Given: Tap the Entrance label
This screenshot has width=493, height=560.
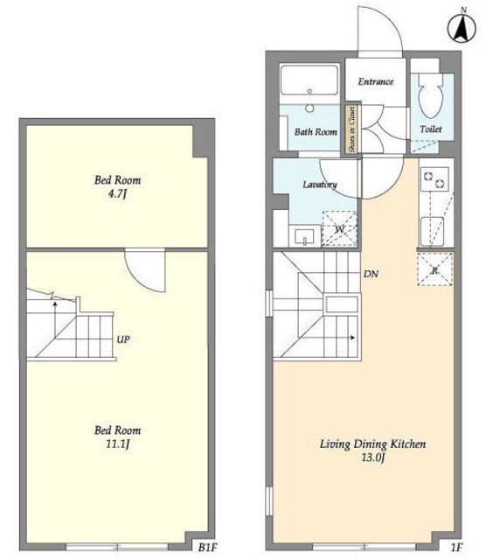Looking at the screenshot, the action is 376,81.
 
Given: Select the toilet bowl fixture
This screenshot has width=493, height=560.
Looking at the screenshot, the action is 430,95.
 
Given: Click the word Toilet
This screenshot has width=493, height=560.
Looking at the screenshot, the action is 431,129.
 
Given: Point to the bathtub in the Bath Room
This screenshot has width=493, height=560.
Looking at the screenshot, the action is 309,80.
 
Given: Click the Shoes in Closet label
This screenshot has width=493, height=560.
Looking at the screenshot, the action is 352,129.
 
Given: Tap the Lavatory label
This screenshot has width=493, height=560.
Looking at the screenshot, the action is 320,185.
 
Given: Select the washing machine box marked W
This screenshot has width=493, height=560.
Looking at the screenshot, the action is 339,229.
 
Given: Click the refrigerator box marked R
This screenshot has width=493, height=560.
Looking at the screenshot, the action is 434,269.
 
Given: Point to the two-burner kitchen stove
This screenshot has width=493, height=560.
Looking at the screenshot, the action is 434,179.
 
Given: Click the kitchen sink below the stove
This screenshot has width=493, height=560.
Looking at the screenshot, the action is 433,231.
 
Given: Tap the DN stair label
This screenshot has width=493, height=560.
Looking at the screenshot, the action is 371,274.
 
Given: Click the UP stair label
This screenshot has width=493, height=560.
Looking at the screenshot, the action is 123,339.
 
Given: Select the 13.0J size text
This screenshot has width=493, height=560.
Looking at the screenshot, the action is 372,458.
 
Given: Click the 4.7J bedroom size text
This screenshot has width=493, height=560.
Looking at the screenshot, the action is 117,194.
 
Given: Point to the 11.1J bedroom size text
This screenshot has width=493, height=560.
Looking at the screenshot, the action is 117,444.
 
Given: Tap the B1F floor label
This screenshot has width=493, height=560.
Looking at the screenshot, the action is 207,547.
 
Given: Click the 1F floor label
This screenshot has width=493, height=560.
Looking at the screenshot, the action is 456,547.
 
